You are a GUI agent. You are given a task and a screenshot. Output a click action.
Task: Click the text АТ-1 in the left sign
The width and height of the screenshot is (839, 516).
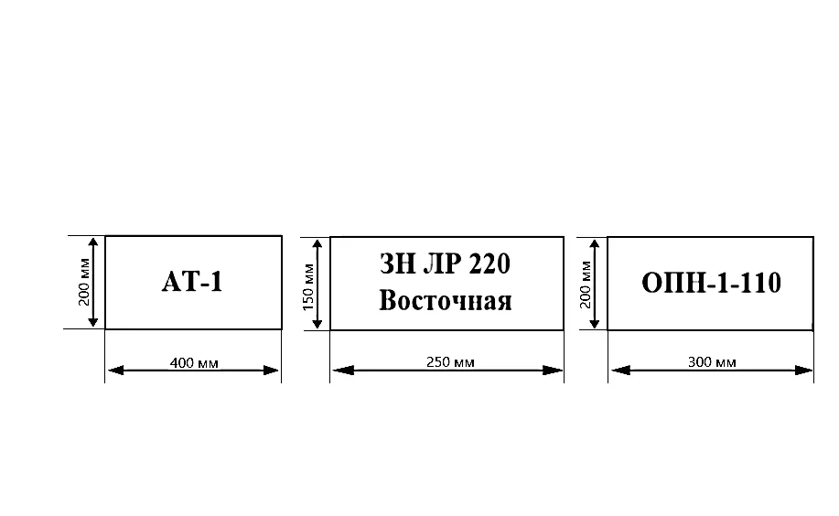tap(192, 282)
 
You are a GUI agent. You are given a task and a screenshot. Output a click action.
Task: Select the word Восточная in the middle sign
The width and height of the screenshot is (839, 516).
tap(446, 300)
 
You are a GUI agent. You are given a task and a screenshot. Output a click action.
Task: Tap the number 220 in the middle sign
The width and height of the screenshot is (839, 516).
tap(489, 263)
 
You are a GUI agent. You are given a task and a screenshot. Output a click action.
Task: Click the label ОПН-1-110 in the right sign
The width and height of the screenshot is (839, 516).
tap(711, 283)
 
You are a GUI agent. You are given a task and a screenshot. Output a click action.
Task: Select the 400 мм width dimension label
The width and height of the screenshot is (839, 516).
tap(194, 363)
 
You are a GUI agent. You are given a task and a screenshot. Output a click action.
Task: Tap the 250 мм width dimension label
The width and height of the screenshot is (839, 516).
tap(450, 362)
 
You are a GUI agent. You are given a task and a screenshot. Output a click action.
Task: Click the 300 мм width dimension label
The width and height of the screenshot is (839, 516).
tap(712, 362)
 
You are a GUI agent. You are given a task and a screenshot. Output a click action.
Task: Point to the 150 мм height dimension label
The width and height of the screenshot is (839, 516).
tap(308, 287)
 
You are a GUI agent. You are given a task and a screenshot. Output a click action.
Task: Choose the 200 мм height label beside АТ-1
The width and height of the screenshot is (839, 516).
tap(84, 282)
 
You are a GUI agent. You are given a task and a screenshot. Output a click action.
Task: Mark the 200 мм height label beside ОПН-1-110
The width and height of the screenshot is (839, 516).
tap(586, 285)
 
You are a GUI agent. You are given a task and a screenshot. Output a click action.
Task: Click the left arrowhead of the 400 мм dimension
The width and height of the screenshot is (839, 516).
tap(115, 371)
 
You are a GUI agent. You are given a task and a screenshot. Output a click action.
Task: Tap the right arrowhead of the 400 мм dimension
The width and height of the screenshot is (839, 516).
tap(271, 371)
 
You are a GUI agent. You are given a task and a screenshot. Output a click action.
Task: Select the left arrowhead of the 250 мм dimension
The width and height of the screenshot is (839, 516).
tap(343, 370)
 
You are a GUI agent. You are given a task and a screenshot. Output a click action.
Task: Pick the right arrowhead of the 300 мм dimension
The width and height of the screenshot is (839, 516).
tap(803, 370)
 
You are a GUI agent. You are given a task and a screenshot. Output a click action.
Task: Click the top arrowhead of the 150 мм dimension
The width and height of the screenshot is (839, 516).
tap(317, 247)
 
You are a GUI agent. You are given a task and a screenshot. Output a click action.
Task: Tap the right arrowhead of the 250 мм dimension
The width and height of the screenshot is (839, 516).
tap(553, 370)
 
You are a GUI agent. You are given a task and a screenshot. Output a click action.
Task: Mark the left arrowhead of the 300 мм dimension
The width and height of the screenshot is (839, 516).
tap(620, 370)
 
